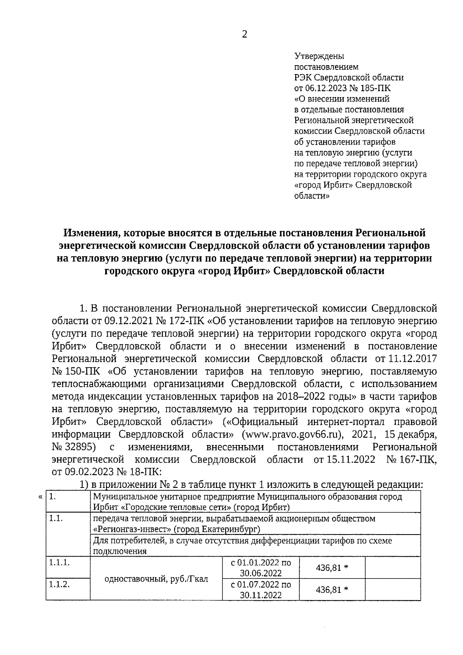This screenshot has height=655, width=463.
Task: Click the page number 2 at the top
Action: (x=244, y=34)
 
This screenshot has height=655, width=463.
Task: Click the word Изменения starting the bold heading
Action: (x=88, y=233)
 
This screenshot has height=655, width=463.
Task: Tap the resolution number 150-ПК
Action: (x=82, y=371)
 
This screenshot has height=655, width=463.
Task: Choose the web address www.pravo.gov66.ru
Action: (x=292, y=434)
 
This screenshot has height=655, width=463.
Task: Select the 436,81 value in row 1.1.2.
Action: (x=332, y=589)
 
